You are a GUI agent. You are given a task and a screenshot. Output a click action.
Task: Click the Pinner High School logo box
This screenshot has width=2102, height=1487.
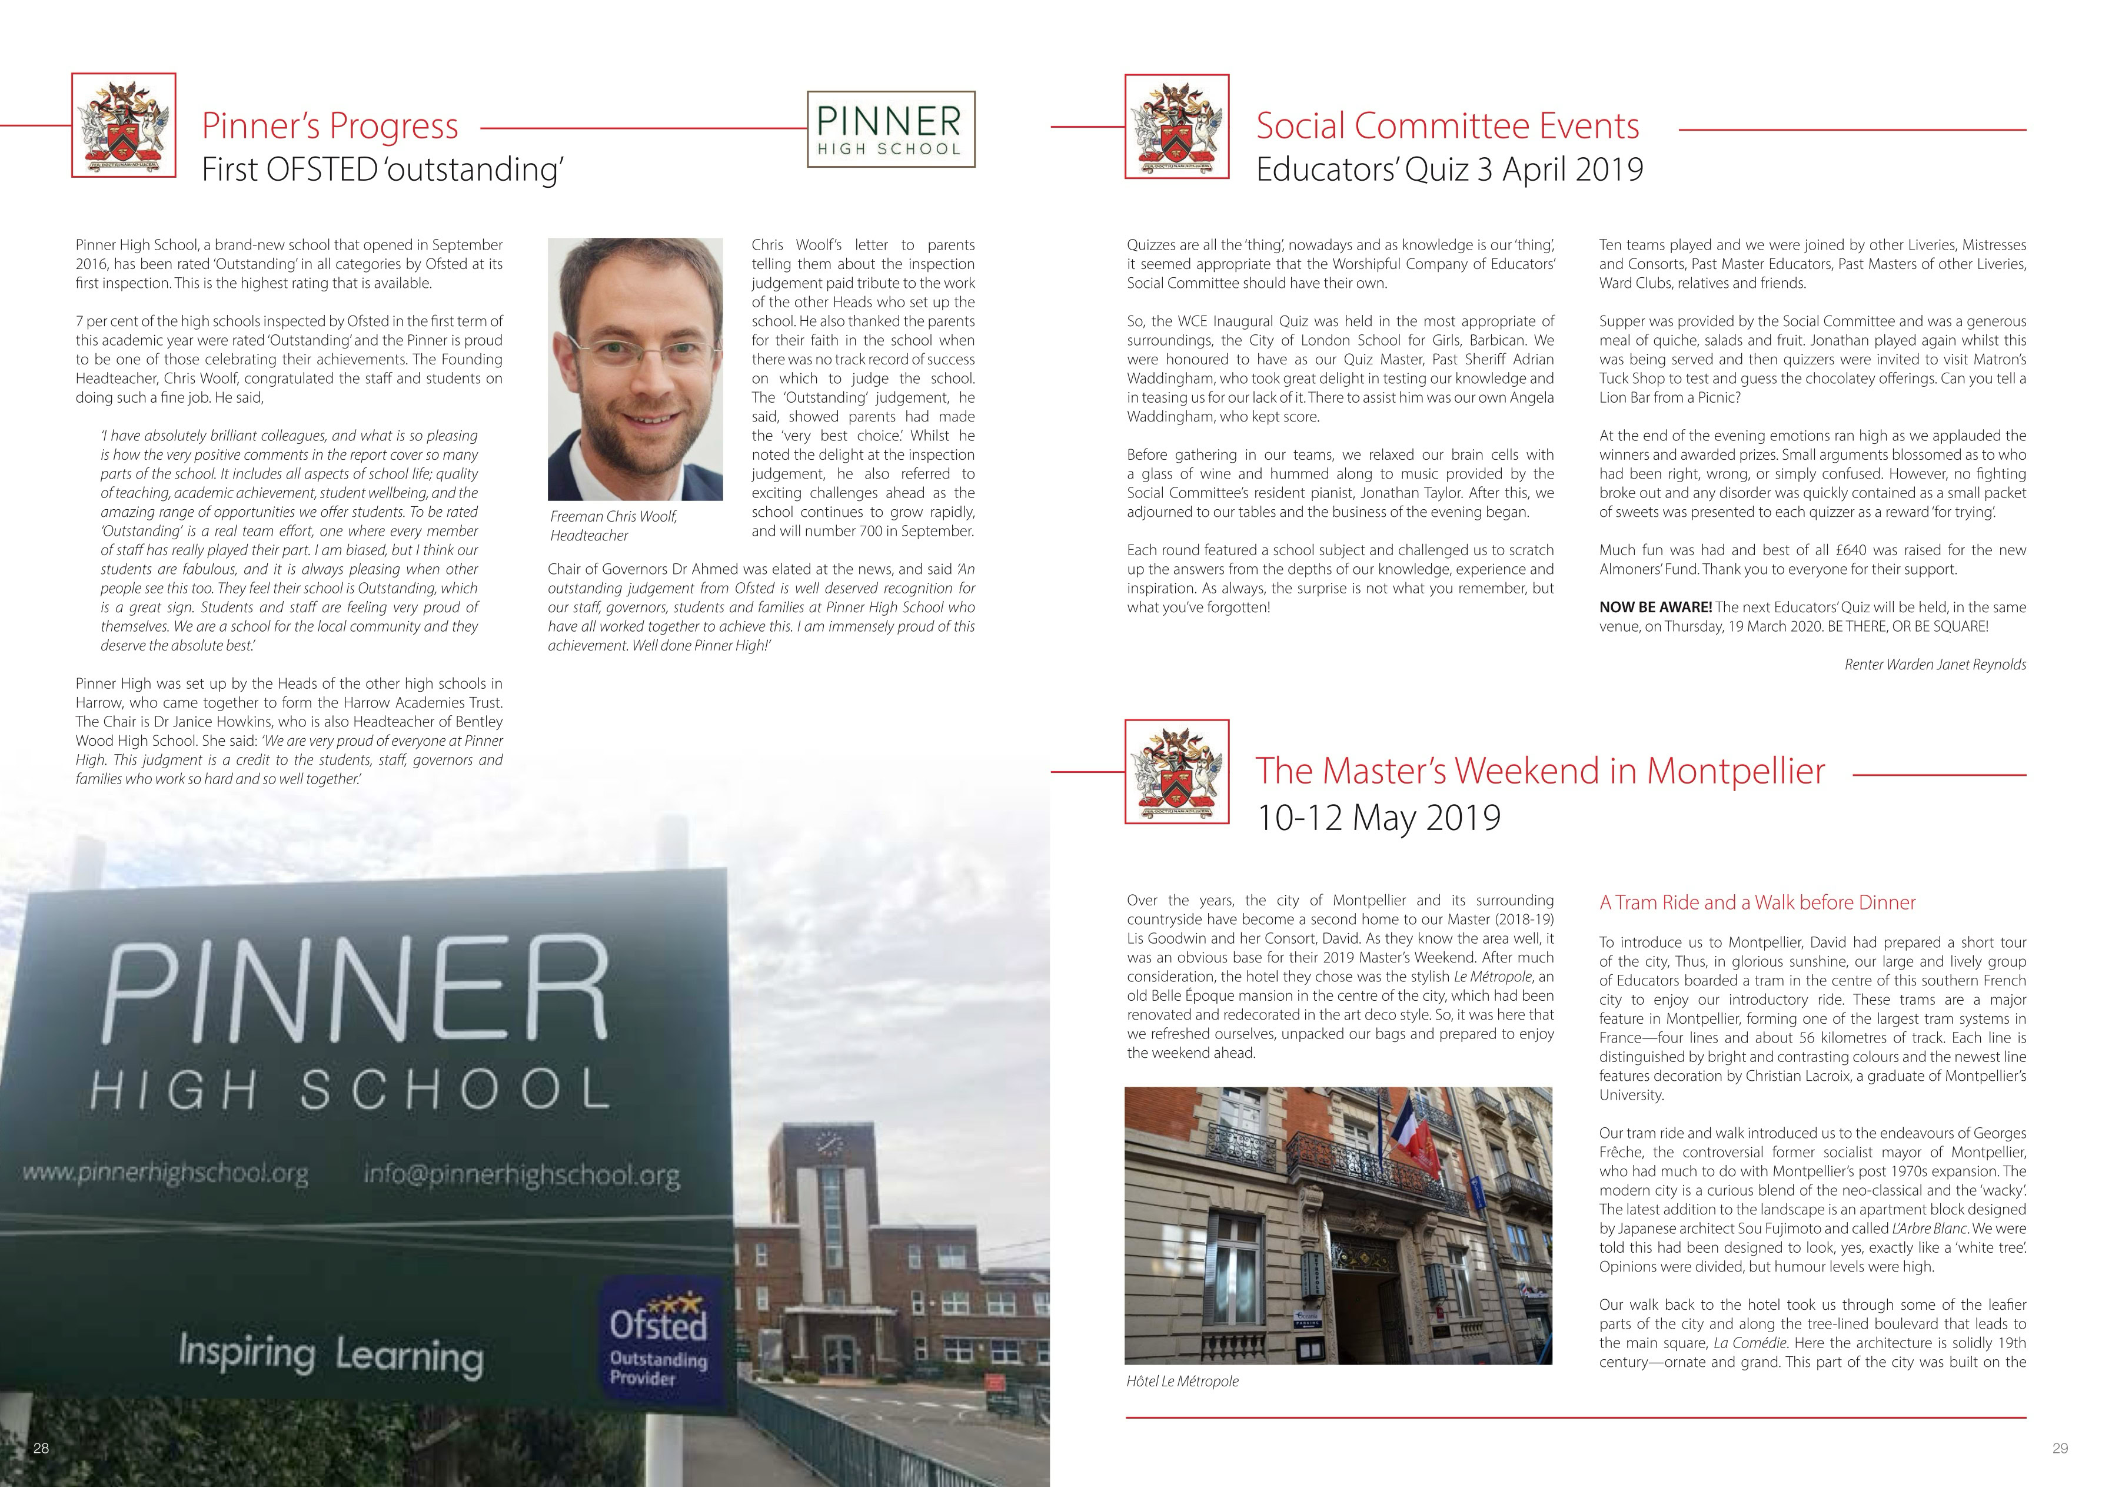click(x=890, y=129)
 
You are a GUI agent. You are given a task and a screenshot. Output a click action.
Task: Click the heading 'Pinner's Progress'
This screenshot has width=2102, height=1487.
click(x=330, y=125)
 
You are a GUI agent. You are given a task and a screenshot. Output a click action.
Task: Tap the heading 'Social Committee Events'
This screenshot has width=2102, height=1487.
click(x=1446, y=125)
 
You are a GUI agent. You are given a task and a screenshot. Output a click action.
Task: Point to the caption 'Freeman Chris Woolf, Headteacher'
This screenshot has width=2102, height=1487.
click(x=613, y=526)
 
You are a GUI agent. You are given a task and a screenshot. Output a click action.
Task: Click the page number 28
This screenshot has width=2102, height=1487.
click(x=41, y=1448)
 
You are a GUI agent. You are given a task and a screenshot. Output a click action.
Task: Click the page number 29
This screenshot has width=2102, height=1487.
click(x=2060, y=1448)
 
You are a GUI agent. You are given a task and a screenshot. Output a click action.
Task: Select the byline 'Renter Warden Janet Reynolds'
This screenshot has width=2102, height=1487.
click(x=1934, y=665)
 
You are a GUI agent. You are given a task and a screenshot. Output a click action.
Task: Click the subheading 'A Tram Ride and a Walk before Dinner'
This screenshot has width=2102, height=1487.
click(x=1757, y=902)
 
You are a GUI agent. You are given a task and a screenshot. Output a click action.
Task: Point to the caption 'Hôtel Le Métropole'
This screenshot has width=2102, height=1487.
click(x=1182, y=1381)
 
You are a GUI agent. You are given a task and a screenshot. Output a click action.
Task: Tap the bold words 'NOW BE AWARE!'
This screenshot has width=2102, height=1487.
click(x=1655, y=607)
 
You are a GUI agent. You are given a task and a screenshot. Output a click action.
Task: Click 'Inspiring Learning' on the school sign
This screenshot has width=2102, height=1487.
click(x=331, y=1354)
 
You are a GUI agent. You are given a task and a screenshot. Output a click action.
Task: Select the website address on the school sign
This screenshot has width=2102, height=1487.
click(x=165, y=1173)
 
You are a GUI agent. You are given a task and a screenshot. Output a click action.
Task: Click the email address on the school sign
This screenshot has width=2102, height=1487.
click(x=522, y=1175)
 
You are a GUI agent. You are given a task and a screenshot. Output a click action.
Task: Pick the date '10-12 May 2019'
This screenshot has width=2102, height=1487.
click(x=1378, y=816)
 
